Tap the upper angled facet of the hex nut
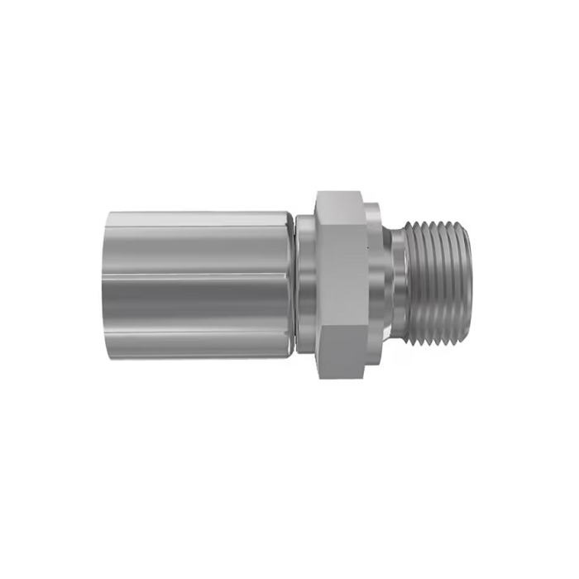[339, 210]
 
